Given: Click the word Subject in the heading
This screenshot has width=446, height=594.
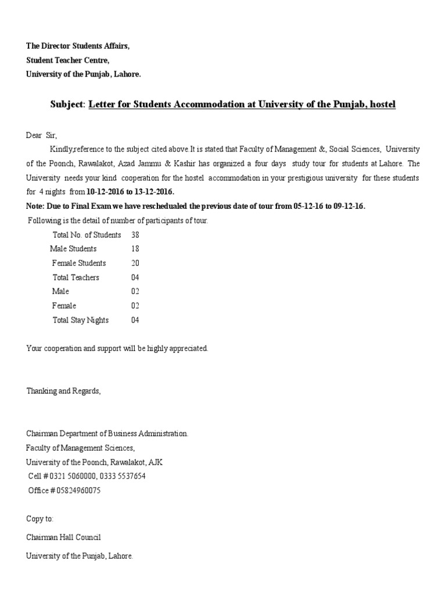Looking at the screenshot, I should click(67, 104).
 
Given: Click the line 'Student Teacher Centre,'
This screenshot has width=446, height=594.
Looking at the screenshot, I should click(67, 60).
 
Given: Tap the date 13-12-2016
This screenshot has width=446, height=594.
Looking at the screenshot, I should click(153, 191).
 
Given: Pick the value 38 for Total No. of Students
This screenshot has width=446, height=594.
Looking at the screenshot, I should click(135, 235).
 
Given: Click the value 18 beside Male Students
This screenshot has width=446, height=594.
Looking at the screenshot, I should click(135, 249).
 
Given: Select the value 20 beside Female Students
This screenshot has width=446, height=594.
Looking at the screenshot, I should click(135, 263).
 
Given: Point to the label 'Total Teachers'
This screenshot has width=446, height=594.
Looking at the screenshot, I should click(75, 277).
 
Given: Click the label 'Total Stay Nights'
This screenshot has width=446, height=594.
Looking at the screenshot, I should click(80, 320).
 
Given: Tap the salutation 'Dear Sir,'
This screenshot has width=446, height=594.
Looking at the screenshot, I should click(42, 135).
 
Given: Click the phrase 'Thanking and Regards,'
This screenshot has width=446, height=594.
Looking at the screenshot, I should click(63, 391).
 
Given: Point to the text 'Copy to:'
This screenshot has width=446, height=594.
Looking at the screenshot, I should click(39, 519).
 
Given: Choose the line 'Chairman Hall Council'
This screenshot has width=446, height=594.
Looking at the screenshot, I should click(63, 537).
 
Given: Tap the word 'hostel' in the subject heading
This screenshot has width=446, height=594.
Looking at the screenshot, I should click(380, 104).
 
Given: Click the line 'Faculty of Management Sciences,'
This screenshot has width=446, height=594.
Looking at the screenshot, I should click(80, 448).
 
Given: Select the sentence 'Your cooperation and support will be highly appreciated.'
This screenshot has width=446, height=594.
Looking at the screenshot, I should click(117, 348).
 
